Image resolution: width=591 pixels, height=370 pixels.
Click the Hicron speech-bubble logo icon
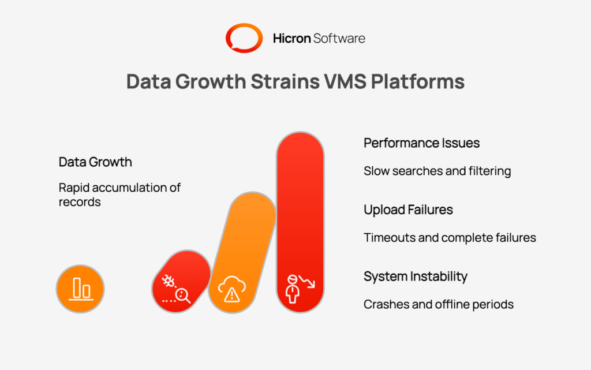(244, 39)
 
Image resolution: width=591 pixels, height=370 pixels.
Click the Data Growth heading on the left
(95, 162)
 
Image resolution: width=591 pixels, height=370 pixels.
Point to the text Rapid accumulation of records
(119, 195)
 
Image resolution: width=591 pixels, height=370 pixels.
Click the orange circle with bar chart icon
(80, 289)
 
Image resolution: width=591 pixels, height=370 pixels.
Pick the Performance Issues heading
(421, 143)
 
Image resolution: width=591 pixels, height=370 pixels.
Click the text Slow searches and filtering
(437, 171)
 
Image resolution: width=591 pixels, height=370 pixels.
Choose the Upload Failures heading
(408, 210)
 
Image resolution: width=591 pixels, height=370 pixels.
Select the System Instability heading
(415, 276)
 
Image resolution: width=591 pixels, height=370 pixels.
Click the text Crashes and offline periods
(438, 304)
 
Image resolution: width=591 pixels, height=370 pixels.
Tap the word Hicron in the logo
(291, 39)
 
